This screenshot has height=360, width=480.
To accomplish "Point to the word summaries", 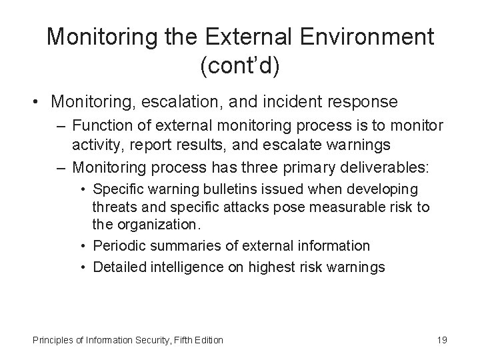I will [177, 245].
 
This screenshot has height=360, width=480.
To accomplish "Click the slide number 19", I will [441, 340].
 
